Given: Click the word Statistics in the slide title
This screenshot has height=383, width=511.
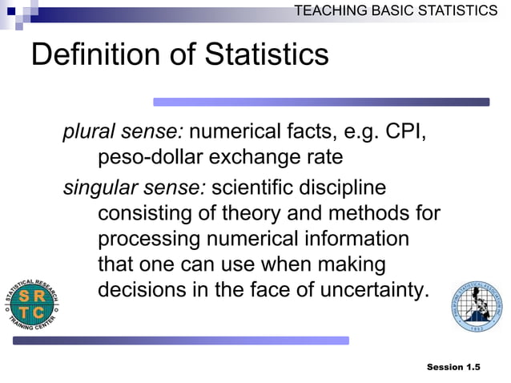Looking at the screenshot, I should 267,54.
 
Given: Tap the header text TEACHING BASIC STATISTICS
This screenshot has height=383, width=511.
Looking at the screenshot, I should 396,10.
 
